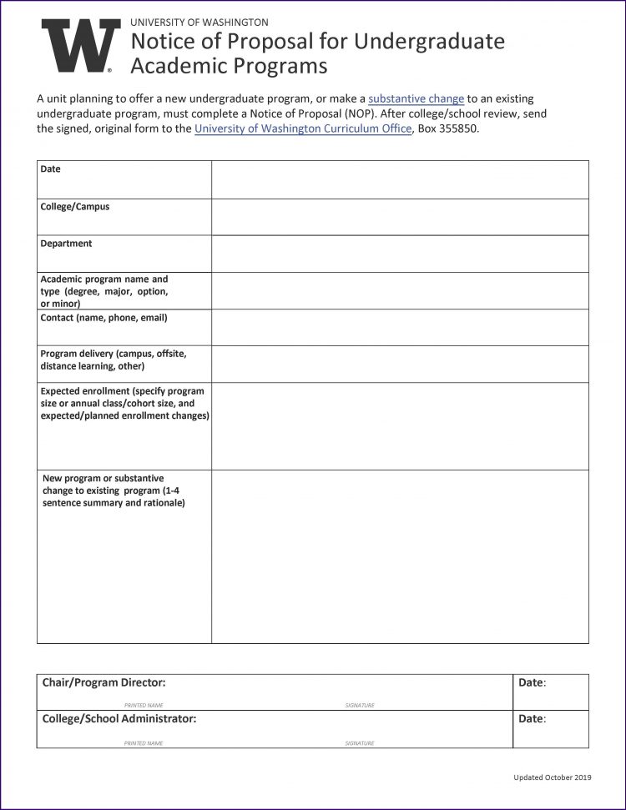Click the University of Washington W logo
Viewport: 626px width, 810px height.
(x=81, y=46)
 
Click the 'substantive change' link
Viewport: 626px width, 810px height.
(x=416, y=98)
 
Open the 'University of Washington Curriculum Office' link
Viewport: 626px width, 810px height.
(x=303, y=128)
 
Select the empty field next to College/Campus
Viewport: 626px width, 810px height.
(x=400, y=217)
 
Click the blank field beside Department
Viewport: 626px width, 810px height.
(x=400, y=254)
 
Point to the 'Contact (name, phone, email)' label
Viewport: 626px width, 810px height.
(x=104, y=318)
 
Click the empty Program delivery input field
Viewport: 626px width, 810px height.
(x=400, y=364)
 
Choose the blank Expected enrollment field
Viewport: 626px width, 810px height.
(x=400, y=425)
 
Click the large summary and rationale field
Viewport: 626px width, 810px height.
(x=400, y=556)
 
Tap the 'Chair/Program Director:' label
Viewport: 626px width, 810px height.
(x=104, y=682)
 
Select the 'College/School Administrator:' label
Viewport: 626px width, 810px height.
(x=119, y=718)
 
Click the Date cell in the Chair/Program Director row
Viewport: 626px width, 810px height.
(x=551, y=692)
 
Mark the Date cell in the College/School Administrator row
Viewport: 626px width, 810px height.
(x=551, y=728)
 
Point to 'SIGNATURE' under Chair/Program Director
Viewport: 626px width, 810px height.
(x=360, y=706)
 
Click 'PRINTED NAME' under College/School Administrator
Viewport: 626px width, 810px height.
(x=144, y=742)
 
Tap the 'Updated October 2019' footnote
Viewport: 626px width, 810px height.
(x=552, y=777)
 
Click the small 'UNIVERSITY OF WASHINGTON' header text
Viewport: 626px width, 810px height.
(x=199, y=23)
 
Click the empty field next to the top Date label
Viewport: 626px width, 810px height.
(x=400, y=179)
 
